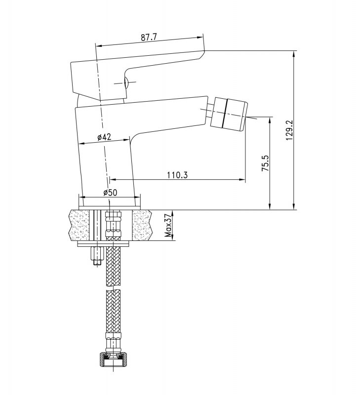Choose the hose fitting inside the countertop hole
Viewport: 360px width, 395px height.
(x=114, y=225)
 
